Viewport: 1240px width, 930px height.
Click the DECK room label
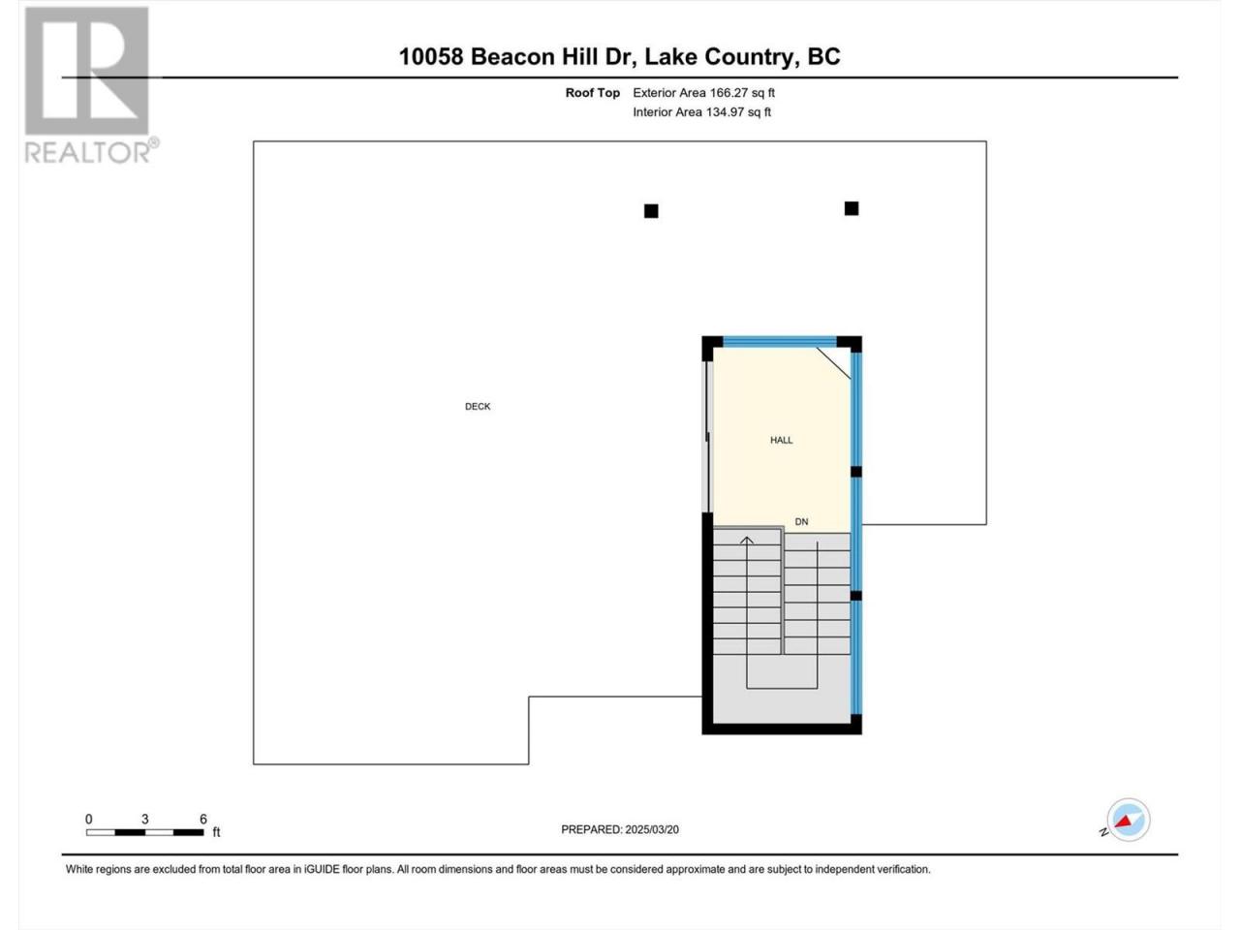478,407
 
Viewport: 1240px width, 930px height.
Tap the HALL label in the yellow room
781,440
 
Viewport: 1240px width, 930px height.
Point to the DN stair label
801,522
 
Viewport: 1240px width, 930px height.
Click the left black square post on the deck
651,211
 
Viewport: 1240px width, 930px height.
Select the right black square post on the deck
852,208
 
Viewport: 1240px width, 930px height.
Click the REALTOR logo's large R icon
87,71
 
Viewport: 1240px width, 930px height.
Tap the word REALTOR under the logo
87,152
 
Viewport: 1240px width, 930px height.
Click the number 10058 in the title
431,56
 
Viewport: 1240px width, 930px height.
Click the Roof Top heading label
593,93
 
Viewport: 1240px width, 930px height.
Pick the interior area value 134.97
724,111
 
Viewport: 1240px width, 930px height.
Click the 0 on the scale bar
89,819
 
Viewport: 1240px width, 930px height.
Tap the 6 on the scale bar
203,819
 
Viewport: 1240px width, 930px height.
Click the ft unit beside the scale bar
216,832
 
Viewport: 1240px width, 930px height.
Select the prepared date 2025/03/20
652,829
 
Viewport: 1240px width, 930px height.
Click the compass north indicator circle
1129,820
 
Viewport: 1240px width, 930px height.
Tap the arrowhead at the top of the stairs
747,540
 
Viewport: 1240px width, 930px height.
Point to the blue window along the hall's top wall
780,341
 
